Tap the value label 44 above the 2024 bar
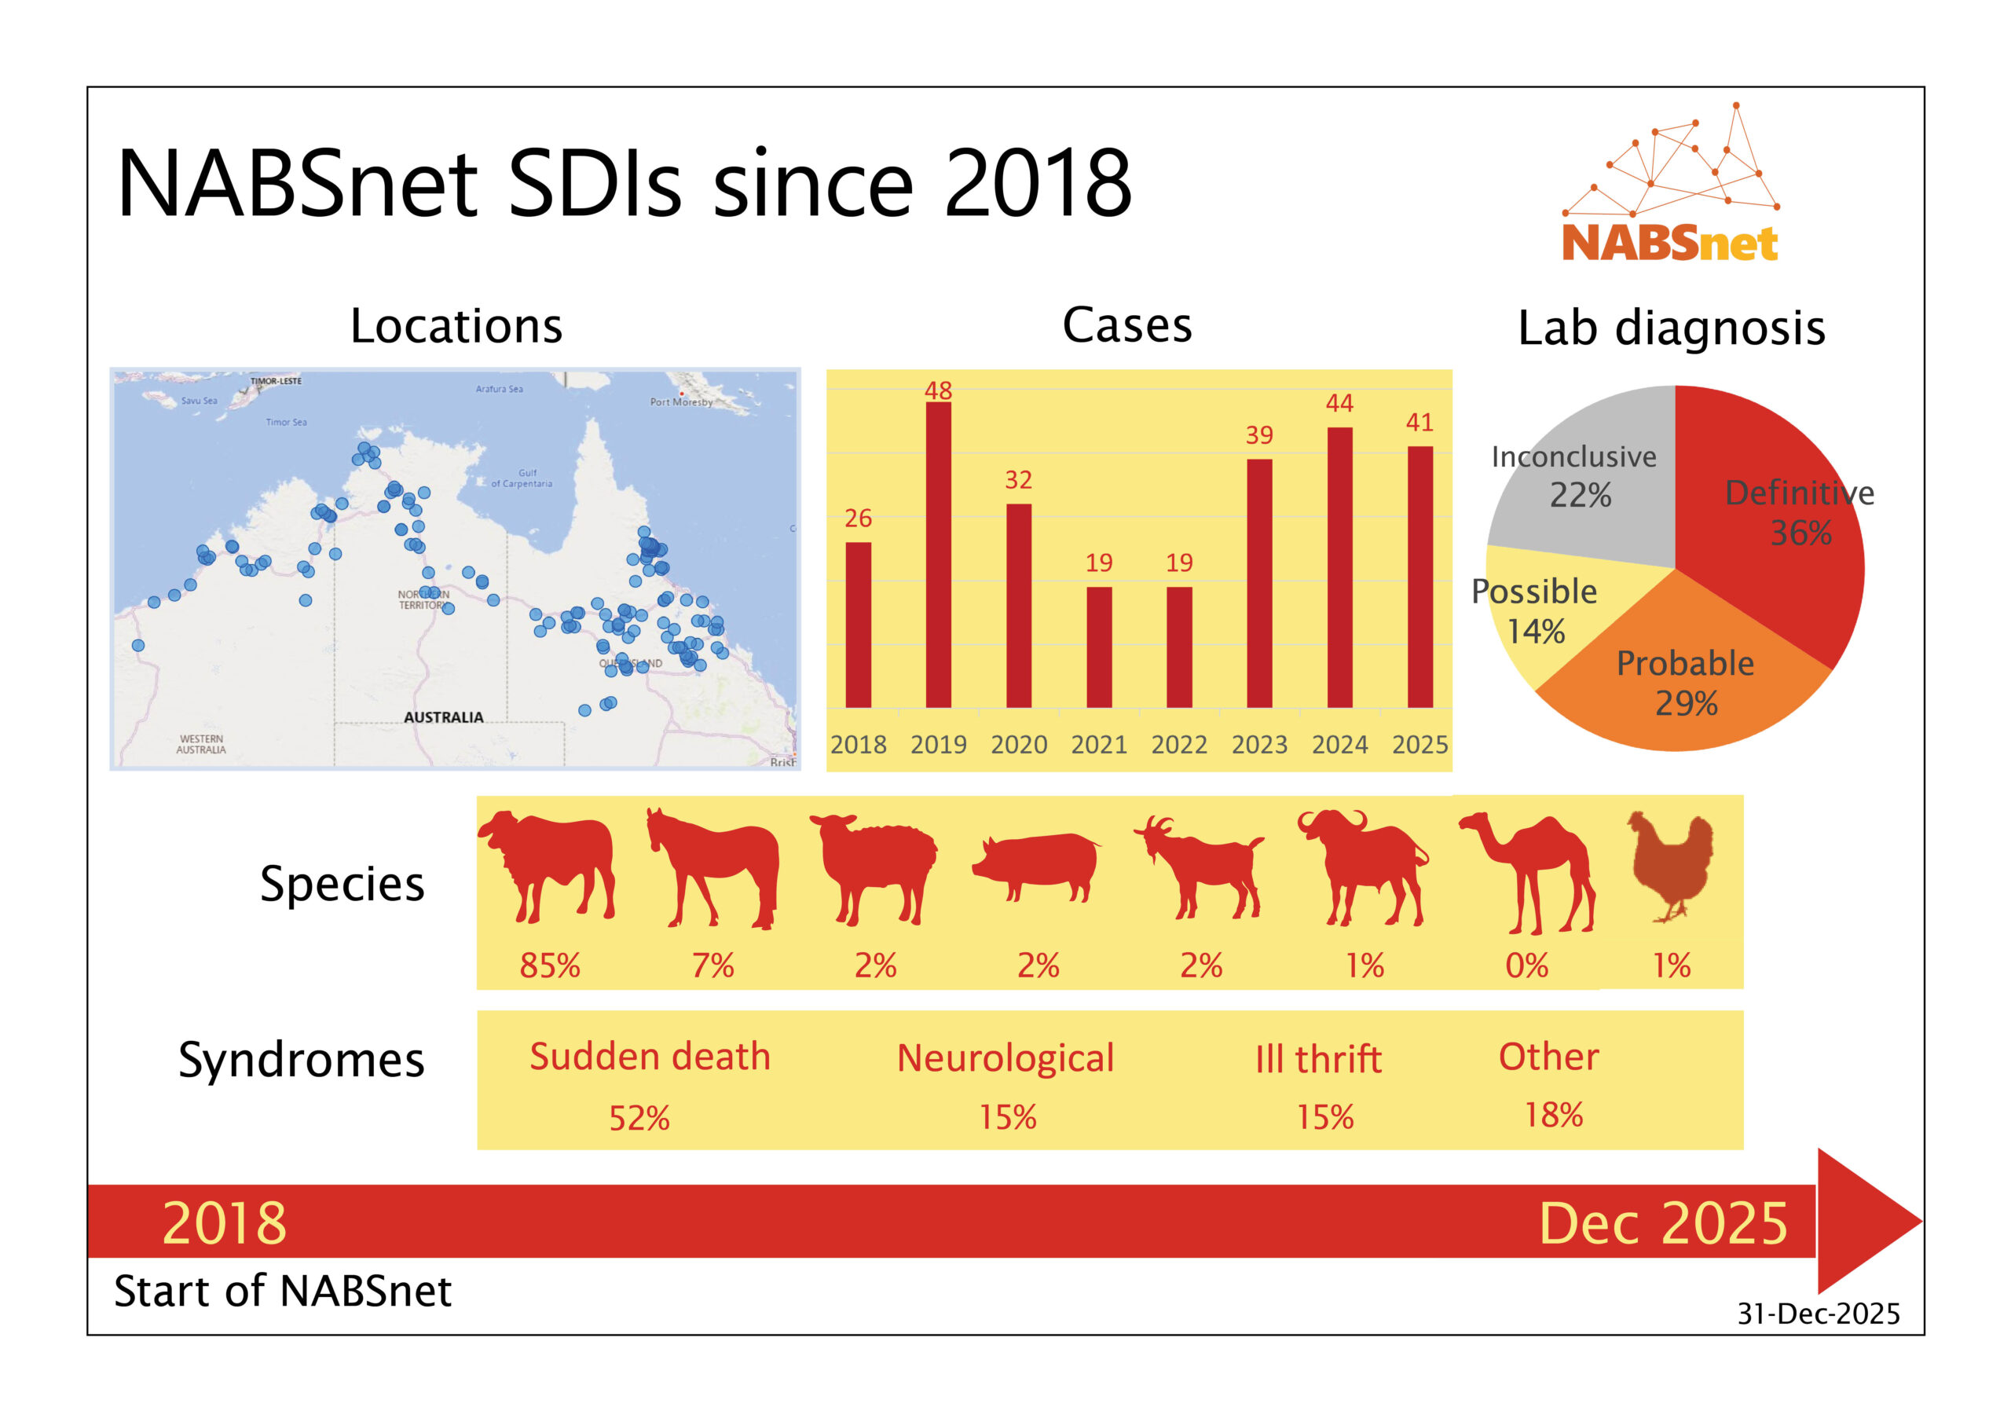[1339, 403]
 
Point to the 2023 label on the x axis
[1258, 745]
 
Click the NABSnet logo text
[1669, 243]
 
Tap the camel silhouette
[1529, 872]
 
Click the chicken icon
[1671, 863]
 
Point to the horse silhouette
[714, 867]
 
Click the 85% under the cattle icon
[549, 966]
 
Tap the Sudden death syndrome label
[650, 1057]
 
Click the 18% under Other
[1553, 1115]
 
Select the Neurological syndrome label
[1005, 1058]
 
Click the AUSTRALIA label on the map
[443, 717]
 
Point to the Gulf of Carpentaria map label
[523, 478]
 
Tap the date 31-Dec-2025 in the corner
[1819, 1314]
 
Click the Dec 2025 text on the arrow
[1662, 1223]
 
